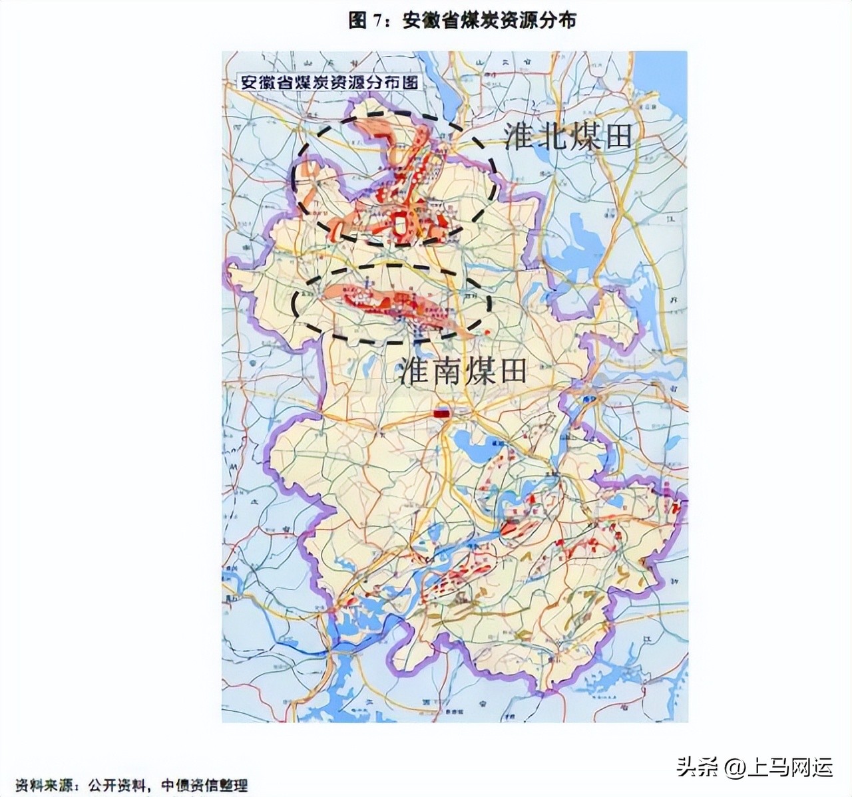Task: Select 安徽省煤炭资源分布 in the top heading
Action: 489,21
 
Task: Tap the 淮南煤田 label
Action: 463,371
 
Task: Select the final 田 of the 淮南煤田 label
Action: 511,371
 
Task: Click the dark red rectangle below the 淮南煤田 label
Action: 441,414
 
